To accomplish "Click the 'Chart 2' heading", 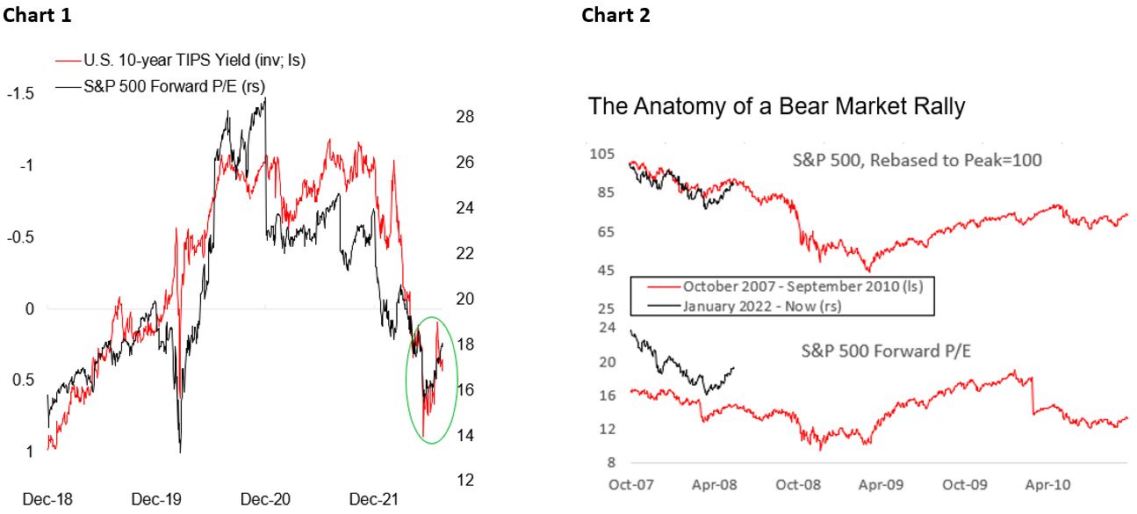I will click(615, 15).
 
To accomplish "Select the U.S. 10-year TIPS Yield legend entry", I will click(192, 61).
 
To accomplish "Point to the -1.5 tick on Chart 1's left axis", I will click(20, 94).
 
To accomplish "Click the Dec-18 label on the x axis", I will click(47, 499).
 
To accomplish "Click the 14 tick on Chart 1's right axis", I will click(465, 435).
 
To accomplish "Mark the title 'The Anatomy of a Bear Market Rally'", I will click(776, 107).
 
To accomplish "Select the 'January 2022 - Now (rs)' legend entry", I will click(760, 305).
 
